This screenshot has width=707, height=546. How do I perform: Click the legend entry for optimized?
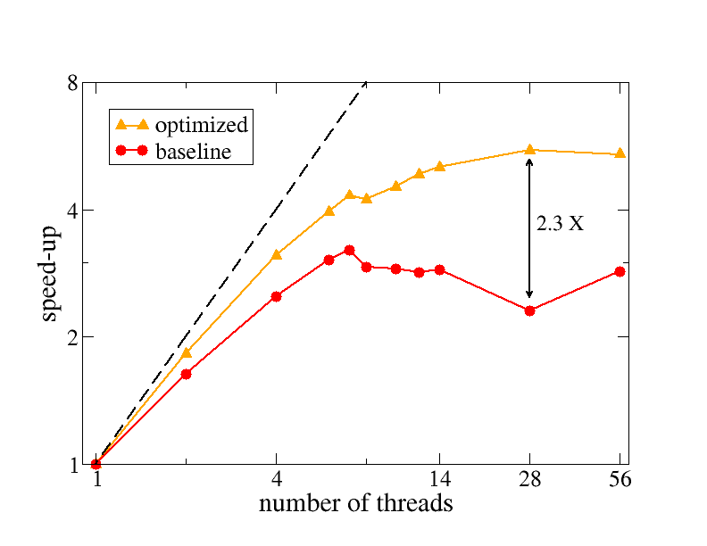[201, 125]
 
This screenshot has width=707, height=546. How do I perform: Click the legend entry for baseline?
[193, 152]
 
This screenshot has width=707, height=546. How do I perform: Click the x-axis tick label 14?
[439, 480]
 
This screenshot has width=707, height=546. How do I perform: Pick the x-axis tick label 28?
[530, 480]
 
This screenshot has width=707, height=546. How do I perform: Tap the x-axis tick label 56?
[620, 480]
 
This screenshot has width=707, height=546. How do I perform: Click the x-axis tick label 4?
[277, 480]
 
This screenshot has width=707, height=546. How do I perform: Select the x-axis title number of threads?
[355, 504]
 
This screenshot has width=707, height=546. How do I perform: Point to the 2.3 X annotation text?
[560, 225]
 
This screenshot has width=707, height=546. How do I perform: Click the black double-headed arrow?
[529, 259]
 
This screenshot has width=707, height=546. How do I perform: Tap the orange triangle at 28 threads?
[529, 150]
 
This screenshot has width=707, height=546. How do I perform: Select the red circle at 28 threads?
[529, 310]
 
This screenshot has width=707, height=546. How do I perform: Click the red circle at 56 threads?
[620, 271]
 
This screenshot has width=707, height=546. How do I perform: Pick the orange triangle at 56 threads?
[620, 153]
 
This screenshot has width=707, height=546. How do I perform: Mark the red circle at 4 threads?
[277, 296]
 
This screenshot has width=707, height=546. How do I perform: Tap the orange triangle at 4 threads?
[277, 254]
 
